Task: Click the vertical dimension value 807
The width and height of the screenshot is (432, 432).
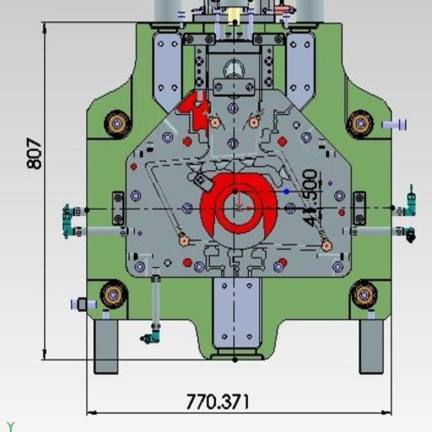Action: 34,153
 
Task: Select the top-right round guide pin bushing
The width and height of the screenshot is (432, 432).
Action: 359,124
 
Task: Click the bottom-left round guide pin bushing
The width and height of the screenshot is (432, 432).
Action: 113,295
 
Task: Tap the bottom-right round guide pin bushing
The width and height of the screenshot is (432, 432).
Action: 364,295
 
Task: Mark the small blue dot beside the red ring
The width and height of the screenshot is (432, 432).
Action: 287,190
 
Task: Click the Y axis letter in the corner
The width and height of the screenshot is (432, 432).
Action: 10,425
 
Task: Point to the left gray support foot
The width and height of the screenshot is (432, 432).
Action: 105,346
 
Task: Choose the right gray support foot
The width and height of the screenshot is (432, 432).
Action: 372,346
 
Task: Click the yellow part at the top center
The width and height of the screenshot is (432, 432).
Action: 233,16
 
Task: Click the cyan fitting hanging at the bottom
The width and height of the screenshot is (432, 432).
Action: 152,334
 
